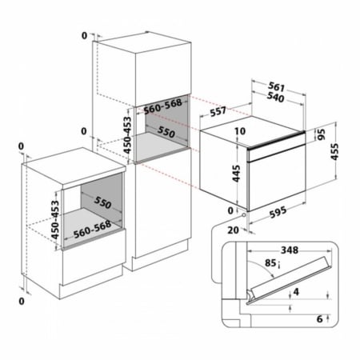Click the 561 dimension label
coord(276,86)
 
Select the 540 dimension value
coord(275,98)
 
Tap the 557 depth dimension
coord(218,111)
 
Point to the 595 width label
coord(278,212)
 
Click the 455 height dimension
coord(334,151)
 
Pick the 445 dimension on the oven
coord(236,174)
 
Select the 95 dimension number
coord(322,134)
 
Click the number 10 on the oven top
coord(240,131)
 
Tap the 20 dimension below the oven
coord(233,230)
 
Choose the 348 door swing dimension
coord(290,250)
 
